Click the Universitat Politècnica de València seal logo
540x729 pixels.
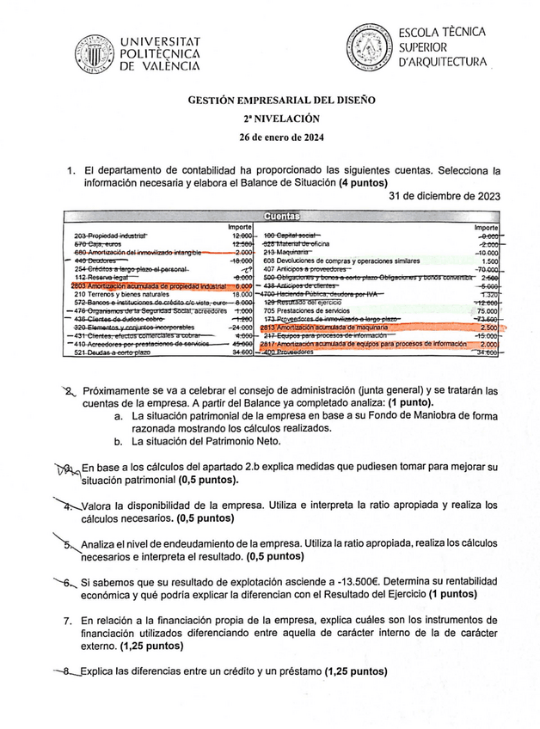point(94,55)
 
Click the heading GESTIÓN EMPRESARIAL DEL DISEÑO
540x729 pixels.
point(282,100)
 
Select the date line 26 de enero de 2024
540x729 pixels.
point(282,138)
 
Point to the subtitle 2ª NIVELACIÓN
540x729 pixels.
point(282,119)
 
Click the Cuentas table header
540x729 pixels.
point(282,217)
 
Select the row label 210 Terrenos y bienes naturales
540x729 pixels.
point(122,294)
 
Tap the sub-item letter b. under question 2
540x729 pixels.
point(119,441)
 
